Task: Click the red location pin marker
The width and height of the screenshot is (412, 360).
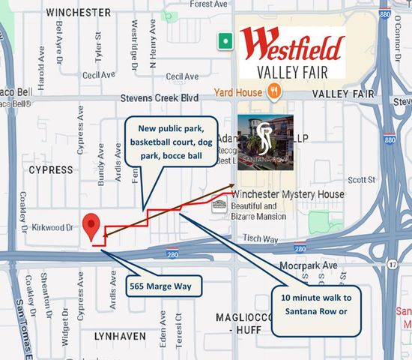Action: point(92,226)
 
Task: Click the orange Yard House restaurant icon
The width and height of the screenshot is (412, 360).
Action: point(276,91)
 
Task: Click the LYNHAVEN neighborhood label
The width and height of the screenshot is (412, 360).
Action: point(119,337)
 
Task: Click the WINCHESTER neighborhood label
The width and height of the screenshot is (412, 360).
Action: point(79,13)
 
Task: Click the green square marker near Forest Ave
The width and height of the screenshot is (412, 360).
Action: point(224,40)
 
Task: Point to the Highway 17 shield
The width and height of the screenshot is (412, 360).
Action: point(393,265)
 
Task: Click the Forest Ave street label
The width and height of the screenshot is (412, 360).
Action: point(207,4)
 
